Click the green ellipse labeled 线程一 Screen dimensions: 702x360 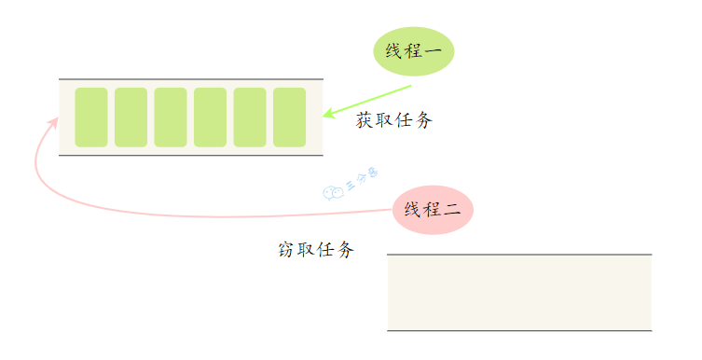(413, 52)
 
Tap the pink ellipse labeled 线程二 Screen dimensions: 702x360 (434, 209)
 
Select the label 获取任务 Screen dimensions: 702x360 (394, 120)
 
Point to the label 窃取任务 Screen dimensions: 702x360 (316, 250)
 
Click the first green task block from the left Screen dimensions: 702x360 (91, 118)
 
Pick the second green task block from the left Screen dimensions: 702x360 (131, 118)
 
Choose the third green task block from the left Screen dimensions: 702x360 (171, 118)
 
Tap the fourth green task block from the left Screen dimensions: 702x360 (211, 118)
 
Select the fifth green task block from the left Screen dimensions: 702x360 (250, 118)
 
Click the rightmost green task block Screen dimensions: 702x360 (290, 118)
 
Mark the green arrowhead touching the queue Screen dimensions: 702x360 (327, 114)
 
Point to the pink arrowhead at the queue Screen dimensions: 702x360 (53, 123)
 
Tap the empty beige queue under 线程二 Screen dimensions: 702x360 (519, 292)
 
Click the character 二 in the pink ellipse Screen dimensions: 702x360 (453, 210)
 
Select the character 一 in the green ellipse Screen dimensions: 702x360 (434, 52)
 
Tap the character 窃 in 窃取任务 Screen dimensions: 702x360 (286, 250)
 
